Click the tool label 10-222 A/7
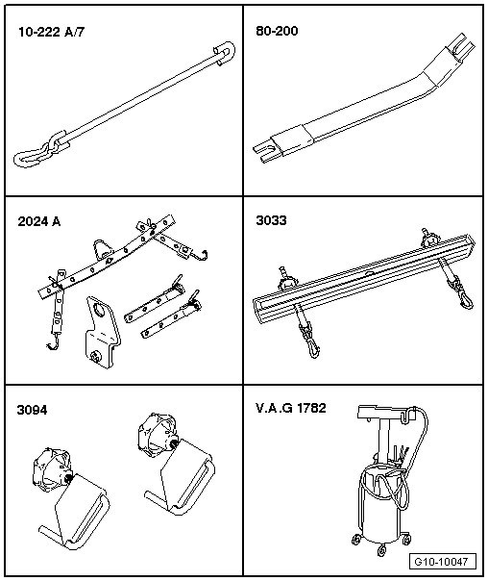coord(52,33)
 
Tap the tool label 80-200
coord(277,31)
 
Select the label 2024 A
coord(39,221)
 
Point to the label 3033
coord(271,220)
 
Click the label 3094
coord(33,410)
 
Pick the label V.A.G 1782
coord(291,408)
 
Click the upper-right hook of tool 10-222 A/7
coord(225,53)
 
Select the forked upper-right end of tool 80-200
coord(460,47)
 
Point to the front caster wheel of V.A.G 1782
coord(381,550)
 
